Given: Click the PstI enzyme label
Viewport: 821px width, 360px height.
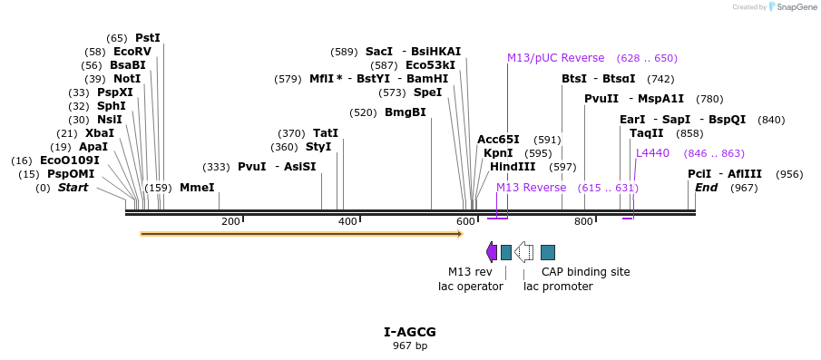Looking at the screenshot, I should [x=147, y=38].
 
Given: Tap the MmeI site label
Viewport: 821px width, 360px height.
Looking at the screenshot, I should [x=197, y=188].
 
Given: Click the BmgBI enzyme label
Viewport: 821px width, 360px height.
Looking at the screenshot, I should [x=405, y=112].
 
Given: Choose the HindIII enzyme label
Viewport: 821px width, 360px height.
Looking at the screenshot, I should [x=513, y=167].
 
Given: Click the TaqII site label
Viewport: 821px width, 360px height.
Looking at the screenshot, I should [x=646, y=133].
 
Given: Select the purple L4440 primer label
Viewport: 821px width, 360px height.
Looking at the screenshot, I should [x=652, y=153].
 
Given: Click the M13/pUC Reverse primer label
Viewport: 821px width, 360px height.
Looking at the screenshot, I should [x=555, y=58].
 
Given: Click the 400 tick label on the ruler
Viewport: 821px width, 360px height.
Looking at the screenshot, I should [x=347, y=222].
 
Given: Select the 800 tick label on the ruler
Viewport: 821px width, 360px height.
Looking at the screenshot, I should [x=583, y=222].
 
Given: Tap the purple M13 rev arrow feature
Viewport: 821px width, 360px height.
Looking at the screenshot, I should [x=491, y=252].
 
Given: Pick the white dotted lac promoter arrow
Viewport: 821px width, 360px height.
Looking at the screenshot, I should [x=523, y=252].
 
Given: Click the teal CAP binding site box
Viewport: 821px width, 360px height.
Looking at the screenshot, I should [x=548, y=252].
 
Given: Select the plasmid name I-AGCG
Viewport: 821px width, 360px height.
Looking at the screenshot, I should [x=410, y=332].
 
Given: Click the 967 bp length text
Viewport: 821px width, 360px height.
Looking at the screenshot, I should [x=410, y=345].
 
